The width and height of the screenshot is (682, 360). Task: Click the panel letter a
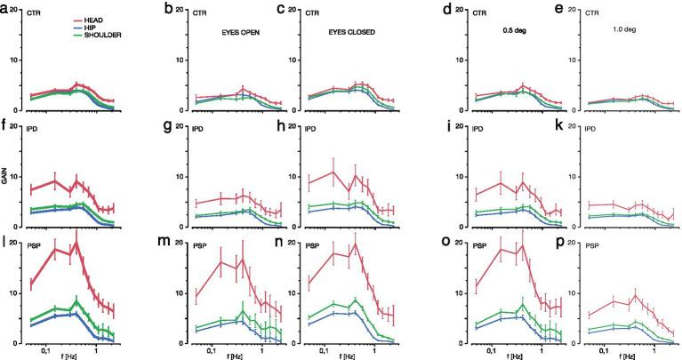pyautogui.click(x=5, y=8)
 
